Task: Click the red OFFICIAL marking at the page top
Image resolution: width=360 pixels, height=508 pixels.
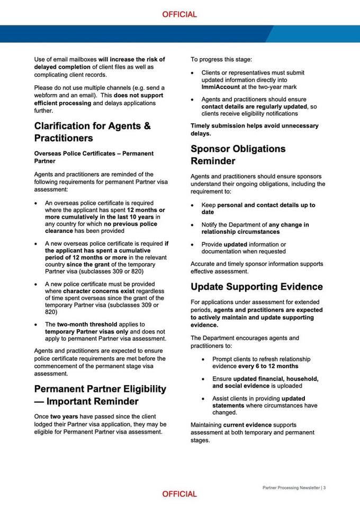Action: tap(179, 15)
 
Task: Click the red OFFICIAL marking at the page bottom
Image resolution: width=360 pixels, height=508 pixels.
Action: tap(179, 494)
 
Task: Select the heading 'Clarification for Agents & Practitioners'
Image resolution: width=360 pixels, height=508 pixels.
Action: tap(93, 132)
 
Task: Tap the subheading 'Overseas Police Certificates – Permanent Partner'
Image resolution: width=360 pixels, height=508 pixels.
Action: tap(94, 157)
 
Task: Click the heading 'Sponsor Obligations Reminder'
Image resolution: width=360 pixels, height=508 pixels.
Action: tap(238, 155)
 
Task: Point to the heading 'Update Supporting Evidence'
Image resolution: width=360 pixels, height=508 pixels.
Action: tap(257, 287)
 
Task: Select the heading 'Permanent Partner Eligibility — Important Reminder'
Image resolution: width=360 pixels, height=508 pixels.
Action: tap(100, 395)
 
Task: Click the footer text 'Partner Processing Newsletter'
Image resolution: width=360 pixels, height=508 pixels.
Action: tap(291, 487)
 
